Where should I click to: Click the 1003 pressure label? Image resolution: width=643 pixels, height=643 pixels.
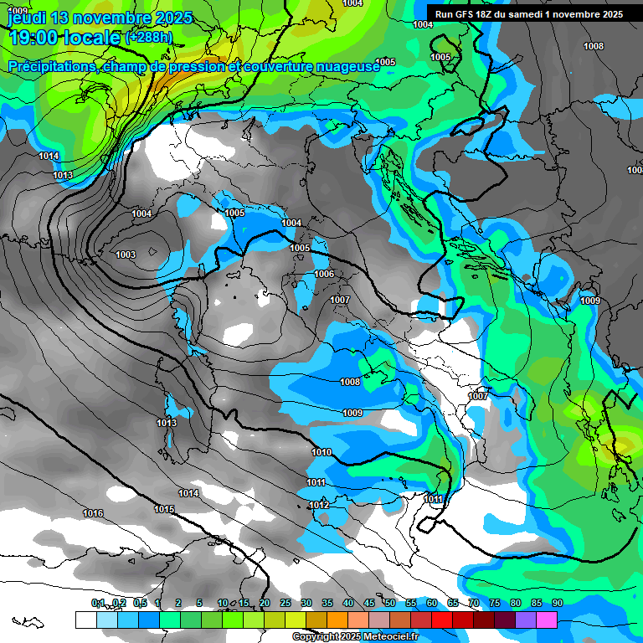tap(126, 255)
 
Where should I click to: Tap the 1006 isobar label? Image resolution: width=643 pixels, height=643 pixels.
tap(324, 275)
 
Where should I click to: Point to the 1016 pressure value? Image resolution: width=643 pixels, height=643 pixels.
tap(93, 513)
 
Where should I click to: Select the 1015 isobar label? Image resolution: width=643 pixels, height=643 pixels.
tap(164, 509)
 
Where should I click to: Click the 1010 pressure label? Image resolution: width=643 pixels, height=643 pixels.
tap(321, 452)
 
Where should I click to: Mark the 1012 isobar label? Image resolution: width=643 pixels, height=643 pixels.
tap(319, 505)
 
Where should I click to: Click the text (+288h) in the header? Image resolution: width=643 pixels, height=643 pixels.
tap(149, 38)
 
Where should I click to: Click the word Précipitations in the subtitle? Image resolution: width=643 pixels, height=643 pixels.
tap(49, 66)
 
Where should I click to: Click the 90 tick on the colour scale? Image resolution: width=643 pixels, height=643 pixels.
tap(557, 603)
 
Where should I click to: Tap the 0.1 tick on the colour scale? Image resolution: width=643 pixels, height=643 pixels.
tap(98, 603)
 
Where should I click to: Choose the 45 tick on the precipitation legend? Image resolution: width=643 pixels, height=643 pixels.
tap(368, 603)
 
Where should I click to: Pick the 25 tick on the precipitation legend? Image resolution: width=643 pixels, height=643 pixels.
tap(285, 603)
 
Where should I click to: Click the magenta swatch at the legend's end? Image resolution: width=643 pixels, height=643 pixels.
tap(547, 620)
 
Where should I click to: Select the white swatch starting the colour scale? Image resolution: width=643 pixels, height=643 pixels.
tap(85, 620)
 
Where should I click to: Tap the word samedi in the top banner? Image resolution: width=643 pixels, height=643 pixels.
tap(523, 14)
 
